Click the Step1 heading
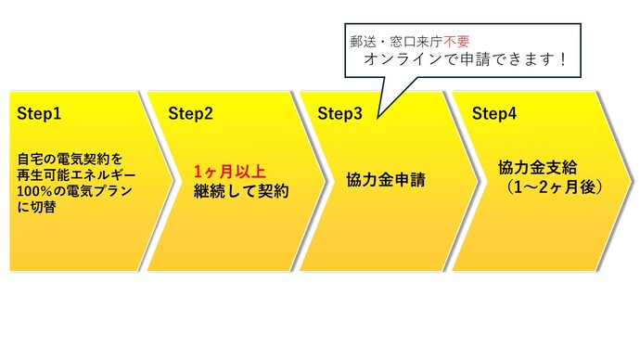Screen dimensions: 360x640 click(x=39, y=114)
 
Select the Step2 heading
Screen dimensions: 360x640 click(x=190, y=114)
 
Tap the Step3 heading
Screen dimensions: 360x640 click(x=340, y=114)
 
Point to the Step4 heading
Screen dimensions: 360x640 click(x=495, y=114)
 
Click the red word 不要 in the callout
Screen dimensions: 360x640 click(x=455, y=41)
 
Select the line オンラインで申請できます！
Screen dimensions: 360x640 click(x=462, y=60)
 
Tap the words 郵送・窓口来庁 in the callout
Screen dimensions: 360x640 click(x=394, y=41)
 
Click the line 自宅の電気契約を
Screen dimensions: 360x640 click(x=70, y=160)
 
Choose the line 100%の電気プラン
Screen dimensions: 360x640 click(x=70, y=191)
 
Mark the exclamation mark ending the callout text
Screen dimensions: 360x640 click(x=561, y=60)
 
